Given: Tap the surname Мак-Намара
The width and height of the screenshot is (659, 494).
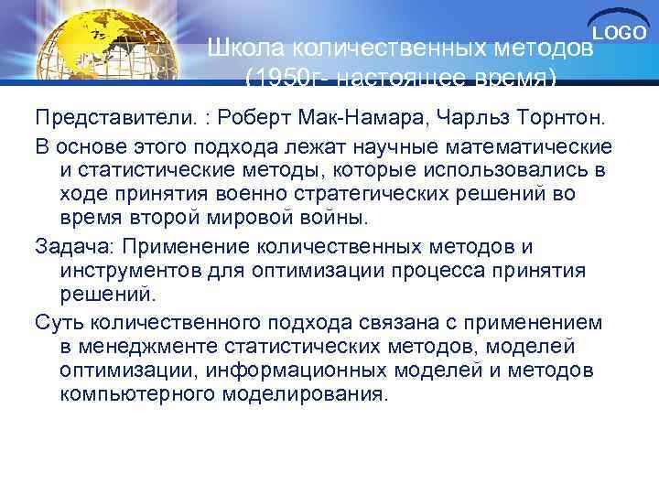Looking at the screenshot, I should (362, 120).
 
